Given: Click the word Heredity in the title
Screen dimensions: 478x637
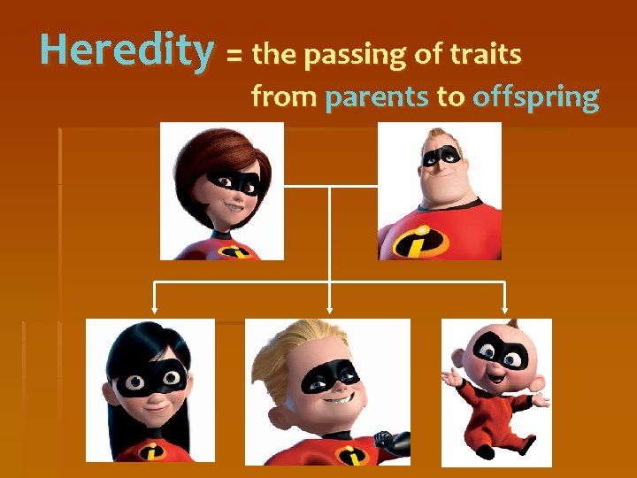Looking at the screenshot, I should point(127,51).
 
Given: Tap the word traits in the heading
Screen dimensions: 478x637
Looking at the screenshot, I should point(486,55).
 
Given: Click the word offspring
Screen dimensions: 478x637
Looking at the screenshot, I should point(535,97).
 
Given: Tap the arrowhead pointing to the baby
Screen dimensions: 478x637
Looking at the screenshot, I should point(505,310).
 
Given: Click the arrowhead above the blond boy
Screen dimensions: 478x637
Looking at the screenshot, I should point(329,310).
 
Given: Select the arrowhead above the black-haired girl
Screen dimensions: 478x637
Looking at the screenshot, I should point(155,310).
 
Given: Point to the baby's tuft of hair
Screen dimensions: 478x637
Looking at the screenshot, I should point(513,323).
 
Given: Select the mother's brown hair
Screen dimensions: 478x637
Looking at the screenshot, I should point(199,150).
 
